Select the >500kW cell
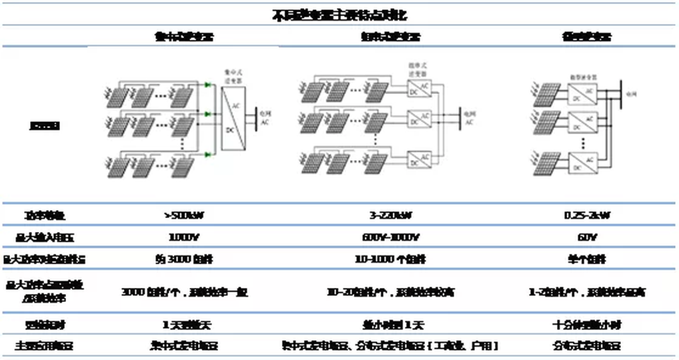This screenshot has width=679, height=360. [185, 216]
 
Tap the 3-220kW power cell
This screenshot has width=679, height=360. [390, 216]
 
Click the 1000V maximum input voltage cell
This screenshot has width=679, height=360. [185, 237]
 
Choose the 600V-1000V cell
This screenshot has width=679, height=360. [390, 237]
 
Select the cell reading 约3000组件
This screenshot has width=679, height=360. [185, 259]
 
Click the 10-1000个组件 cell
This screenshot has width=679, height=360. [390, 259]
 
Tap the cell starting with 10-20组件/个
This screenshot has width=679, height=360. [390, 291]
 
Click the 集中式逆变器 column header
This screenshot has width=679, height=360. [185, 37]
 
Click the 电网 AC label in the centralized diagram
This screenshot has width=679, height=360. [265, 119]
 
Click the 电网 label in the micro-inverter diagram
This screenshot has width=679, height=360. [632, 94]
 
